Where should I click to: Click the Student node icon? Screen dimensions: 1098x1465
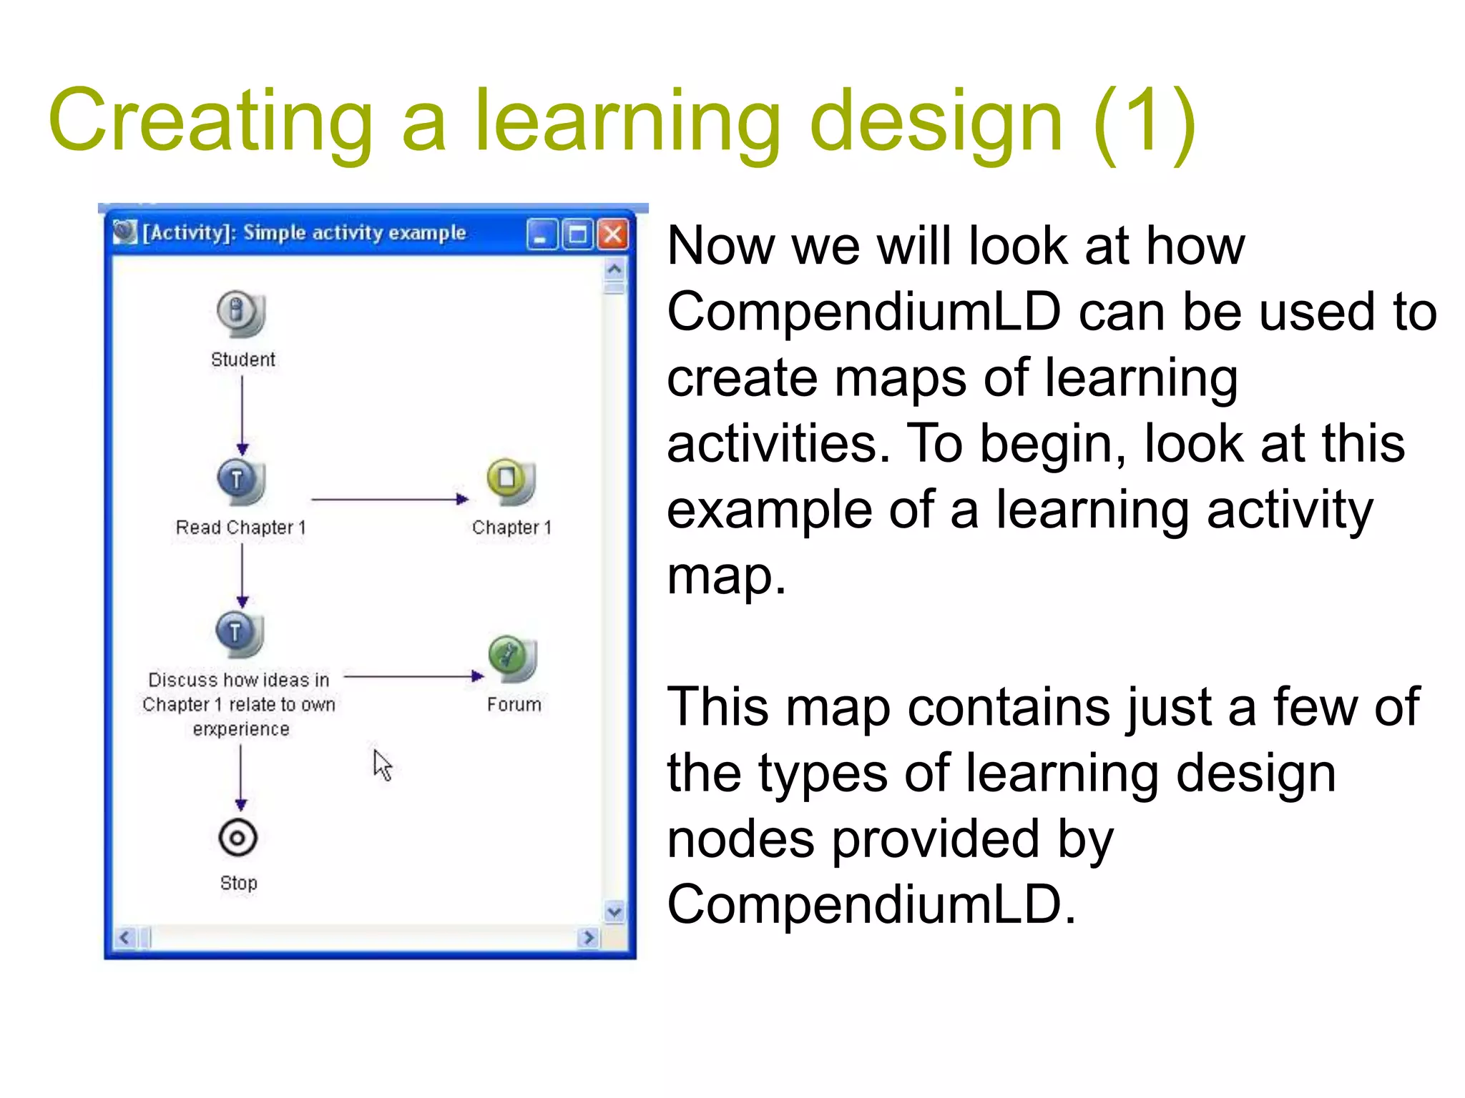click(240, 313)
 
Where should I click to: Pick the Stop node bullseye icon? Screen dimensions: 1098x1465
click(238, 838)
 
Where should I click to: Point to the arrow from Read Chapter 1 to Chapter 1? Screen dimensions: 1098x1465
click(390, 499)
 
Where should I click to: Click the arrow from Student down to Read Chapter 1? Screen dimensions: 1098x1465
click(242, 415)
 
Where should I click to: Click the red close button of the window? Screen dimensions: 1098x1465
click(613, 234)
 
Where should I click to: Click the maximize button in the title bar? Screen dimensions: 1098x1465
click(577, 234)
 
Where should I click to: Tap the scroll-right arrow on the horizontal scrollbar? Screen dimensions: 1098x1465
click(588, 937)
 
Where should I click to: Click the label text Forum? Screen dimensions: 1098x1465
click(514, 705)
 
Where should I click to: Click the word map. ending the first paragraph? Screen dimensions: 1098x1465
click(725, 576)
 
